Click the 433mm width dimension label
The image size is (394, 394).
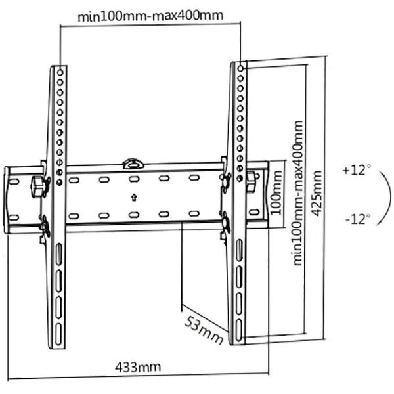(138, 367)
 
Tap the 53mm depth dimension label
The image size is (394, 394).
(204, 330)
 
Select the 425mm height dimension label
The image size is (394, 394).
(316, 193)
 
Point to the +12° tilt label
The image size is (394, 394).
(357, 170)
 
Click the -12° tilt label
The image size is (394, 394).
(358, 219)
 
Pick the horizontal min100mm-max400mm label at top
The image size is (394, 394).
(150, 16)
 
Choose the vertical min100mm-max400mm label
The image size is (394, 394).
(297, 193)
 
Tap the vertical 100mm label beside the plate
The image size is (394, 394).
(276, 192)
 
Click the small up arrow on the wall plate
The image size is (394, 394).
(134, 197)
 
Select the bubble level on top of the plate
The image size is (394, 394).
(133, 164)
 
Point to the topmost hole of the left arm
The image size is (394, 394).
(60, 72)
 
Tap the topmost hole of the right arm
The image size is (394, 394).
(240, 68)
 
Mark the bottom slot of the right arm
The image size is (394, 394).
(239, 330)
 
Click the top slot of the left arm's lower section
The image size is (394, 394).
(59, 253)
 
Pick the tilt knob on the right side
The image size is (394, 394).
(252, 179)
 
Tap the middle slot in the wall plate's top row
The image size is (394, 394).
(134, 179)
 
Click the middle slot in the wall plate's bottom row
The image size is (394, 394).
(134, 215)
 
